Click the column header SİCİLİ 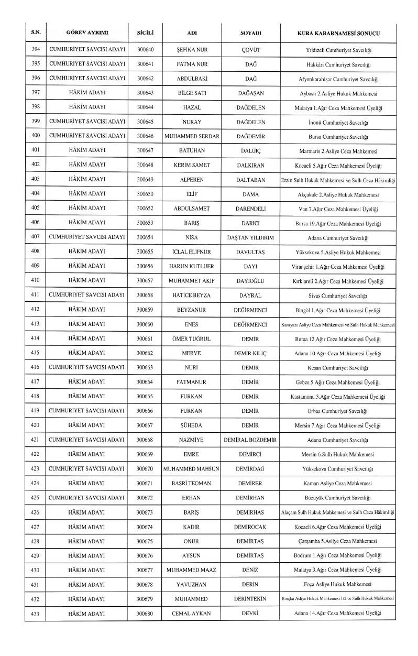144,34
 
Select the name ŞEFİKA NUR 191,51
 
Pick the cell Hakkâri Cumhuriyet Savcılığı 338,65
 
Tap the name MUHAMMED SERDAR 191,137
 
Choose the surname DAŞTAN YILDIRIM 250,237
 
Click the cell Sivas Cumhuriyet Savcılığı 338,296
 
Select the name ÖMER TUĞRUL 191,339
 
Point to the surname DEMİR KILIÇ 250,353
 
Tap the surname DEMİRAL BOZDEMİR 250,440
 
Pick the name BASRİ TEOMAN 191,483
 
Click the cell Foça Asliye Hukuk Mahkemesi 338,584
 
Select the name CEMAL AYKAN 191,613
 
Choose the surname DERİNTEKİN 250,598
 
